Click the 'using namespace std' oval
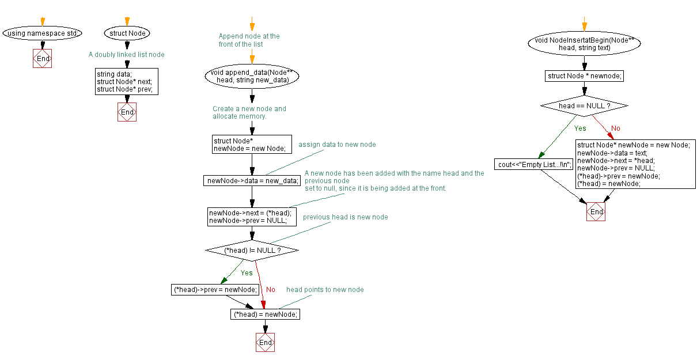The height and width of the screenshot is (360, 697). click(x=42, y=33)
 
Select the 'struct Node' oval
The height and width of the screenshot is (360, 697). click(x=127, y=33)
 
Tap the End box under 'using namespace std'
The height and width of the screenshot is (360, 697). click(x=42, y=59)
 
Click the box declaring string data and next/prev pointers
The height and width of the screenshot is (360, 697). click(x=127, y=82)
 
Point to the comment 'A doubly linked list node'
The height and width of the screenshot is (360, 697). click(x=126, y=55)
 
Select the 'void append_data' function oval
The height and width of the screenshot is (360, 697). click(x=252, y=76)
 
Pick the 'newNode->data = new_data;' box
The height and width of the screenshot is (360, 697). click(x=252, y=181)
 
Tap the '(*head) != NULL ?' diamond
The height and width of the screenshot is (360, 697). click(x=252, y=251)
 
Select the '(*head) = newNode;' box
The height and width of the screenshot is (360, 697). click(x=265, y=314)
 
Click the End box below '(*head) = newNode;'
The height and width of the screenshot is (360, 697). click(x=265, y=342)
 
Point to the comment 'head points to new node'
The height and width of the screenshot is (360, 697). click(x=325, y=290)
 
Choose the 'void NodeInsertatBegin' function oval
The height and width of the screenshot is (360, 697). click(x=584, y=44)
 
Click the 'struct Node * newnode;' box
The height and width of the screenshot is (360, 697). click(x=584, y=76)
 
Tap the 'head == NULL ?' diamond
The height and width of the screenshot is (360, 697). click(x=584, y=106)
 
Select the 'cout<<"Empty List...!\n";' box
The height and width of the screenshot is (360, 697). click(x=535, y=164)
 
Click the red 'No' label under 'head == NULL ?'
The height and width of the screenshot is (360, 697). click(x=616, y=128)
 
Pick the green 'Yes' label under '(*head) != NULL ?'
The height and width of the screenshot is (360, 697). click(x=247, y=273)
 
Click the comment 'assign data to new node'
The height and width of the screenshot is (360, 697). click(x=337, y=145)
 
